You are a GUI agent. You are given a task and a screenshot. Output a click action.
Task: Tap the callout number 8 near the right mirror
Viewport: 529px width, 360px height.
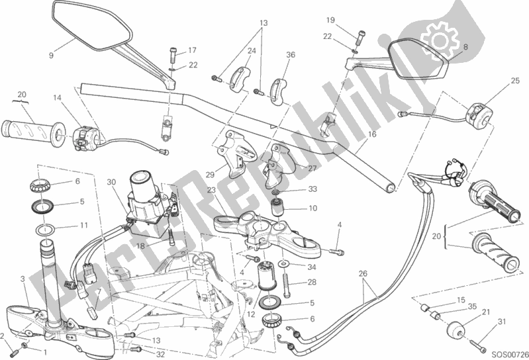[x=465, y=47]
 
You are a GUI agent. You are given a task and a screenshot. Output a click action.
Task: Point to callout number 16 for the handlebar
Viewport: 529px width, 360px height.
[x=373, y=134]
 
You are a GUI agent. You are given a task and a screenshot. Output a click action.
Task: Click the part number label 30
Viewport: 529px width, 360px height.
[x=111, y=182]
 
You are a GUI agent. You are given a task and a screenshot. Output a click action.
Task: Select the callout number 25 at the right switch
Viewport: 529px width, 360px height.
[x=496, y=81]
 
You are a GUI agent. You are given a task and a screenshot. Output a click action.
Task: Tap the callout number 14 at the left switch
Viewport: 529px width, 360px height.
[x=56, y=98]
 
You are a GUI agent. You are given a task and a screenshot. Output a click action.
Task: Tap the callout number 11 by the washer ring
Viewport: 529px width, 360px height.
[x=83, y=225]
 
